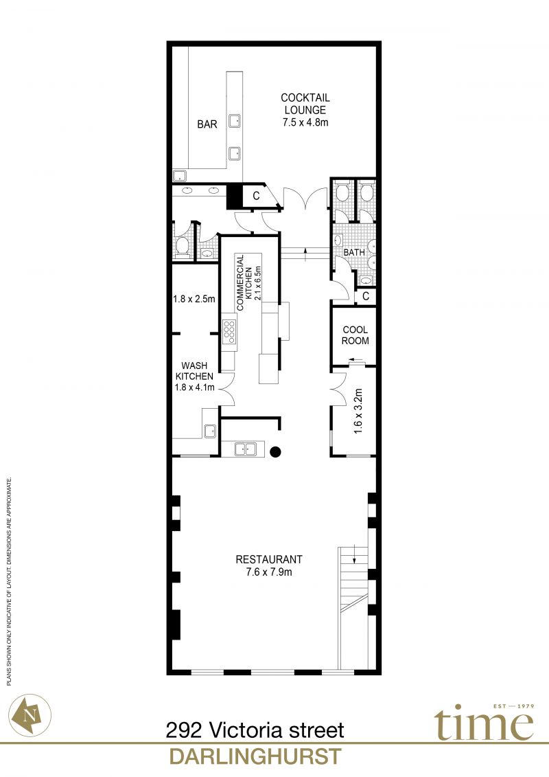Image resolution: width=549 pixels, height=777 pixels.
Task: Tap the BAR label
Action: pyautogui.click(x=207, y=124)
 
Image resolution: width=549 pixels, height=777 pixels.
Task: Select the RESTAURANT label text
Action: pyautogui.click(x=269, y=559)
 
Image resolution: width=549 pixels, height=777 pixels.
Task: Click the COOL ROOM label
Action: pyautogui.click(x=355, y=335)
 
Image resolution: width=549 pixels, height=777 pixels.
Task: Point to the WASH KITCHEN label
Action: pyautogui.click(x=194, y=371)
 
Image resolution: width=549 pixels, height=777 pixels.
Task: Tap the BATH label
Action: pyautogui.click(x=354, y=252)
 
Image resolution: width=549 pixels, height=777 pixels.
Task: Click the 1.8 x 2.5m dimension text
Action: pyautogui.click(x=194, y=299)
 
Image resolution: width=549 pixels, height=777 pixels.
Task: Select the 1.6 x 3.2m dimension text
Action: pyautogui.click(x=358, y=412)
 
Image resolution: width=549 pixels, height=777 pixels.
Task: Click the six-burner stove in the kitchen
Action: pyautogui.click(x=229, y=332)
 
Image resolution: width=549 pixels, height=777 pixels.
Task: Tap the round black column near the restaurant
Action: pyautogui.click(x=275, y=451)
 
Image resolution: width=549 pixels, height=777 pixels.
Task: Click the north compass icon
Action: pyautogui.click(x=30, y=715)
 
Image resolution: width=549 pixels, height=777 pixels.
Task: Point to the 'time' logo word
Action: pyautogui.click(x=484, y=723)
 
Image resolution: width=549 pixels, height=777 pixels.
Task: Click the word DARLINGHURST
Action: pyautogui.click(x=255, y=757)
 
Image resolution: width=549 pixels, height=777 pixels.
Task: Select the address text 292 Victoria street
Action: pyautogui.click(x=255, y=730)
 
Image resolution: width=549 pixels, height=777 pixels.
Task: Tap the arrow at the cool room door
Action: pyautogui.click(x=355, y=360)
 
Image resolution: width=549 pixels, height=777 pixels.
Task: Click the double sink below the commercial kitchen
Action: pyautogui.click(x=246, y=449)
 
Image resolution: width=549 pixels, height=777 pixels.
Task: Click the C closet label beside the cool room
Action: pyautogui.click(x=366, y=296)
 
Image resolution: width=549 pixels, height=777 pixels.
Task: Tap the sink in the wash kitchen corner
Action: pyautogui.click(x=210, y=431)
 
